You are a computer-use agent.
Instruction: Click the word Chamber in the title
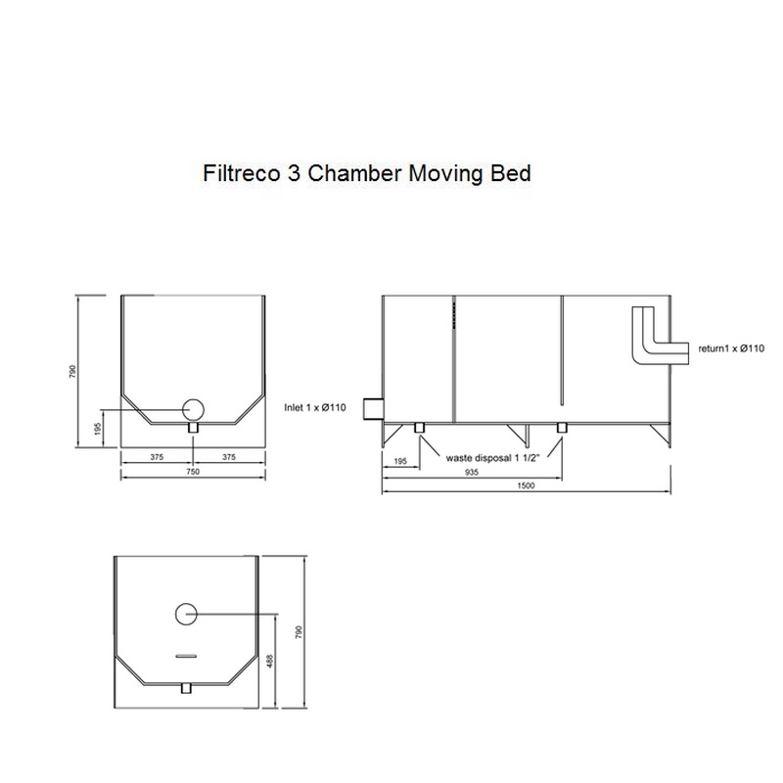click(353, 173)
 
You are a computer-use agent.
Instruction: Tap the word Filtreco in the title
click(242, 173)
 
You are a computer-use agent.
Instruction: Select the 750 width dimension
click(193, 472)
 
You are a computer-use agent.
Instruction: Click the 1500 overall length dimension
click(527, 485)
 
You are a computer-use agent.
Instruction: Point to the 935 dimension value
click(472, 472)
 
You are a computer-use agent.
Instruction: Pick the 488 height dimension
click(271, 662)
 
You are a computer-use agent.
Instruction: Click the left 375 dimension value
click(157, 457)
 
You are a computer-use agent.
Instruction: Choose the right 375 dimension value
click(229, 457)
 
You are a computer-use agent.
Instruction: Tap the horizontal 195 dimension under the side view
click(400, 461)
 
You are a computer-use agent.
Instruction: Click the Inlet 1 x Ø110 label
click(315, 407)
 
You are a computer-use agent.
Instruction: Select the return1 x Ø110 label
click(731, 348)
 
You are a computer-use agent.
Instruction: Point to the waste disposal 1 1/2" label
click(493, 458)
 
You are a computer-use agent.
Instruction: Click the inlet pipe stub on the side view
click(373, 409)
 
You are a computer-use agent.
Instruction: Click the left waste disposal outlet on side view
click(420, 428)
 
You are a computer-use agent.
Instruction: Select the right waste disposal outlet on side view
click(562, 428)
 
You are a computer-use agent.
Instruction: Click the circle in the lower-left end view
click(186, 614)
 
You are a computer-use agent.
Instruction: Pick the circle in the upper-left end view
click(193, 410)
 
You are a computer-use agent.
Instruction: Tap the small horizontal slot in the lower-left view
click(187, 656)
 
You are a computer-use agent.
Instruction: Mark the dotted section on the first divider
click(454, 314)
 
